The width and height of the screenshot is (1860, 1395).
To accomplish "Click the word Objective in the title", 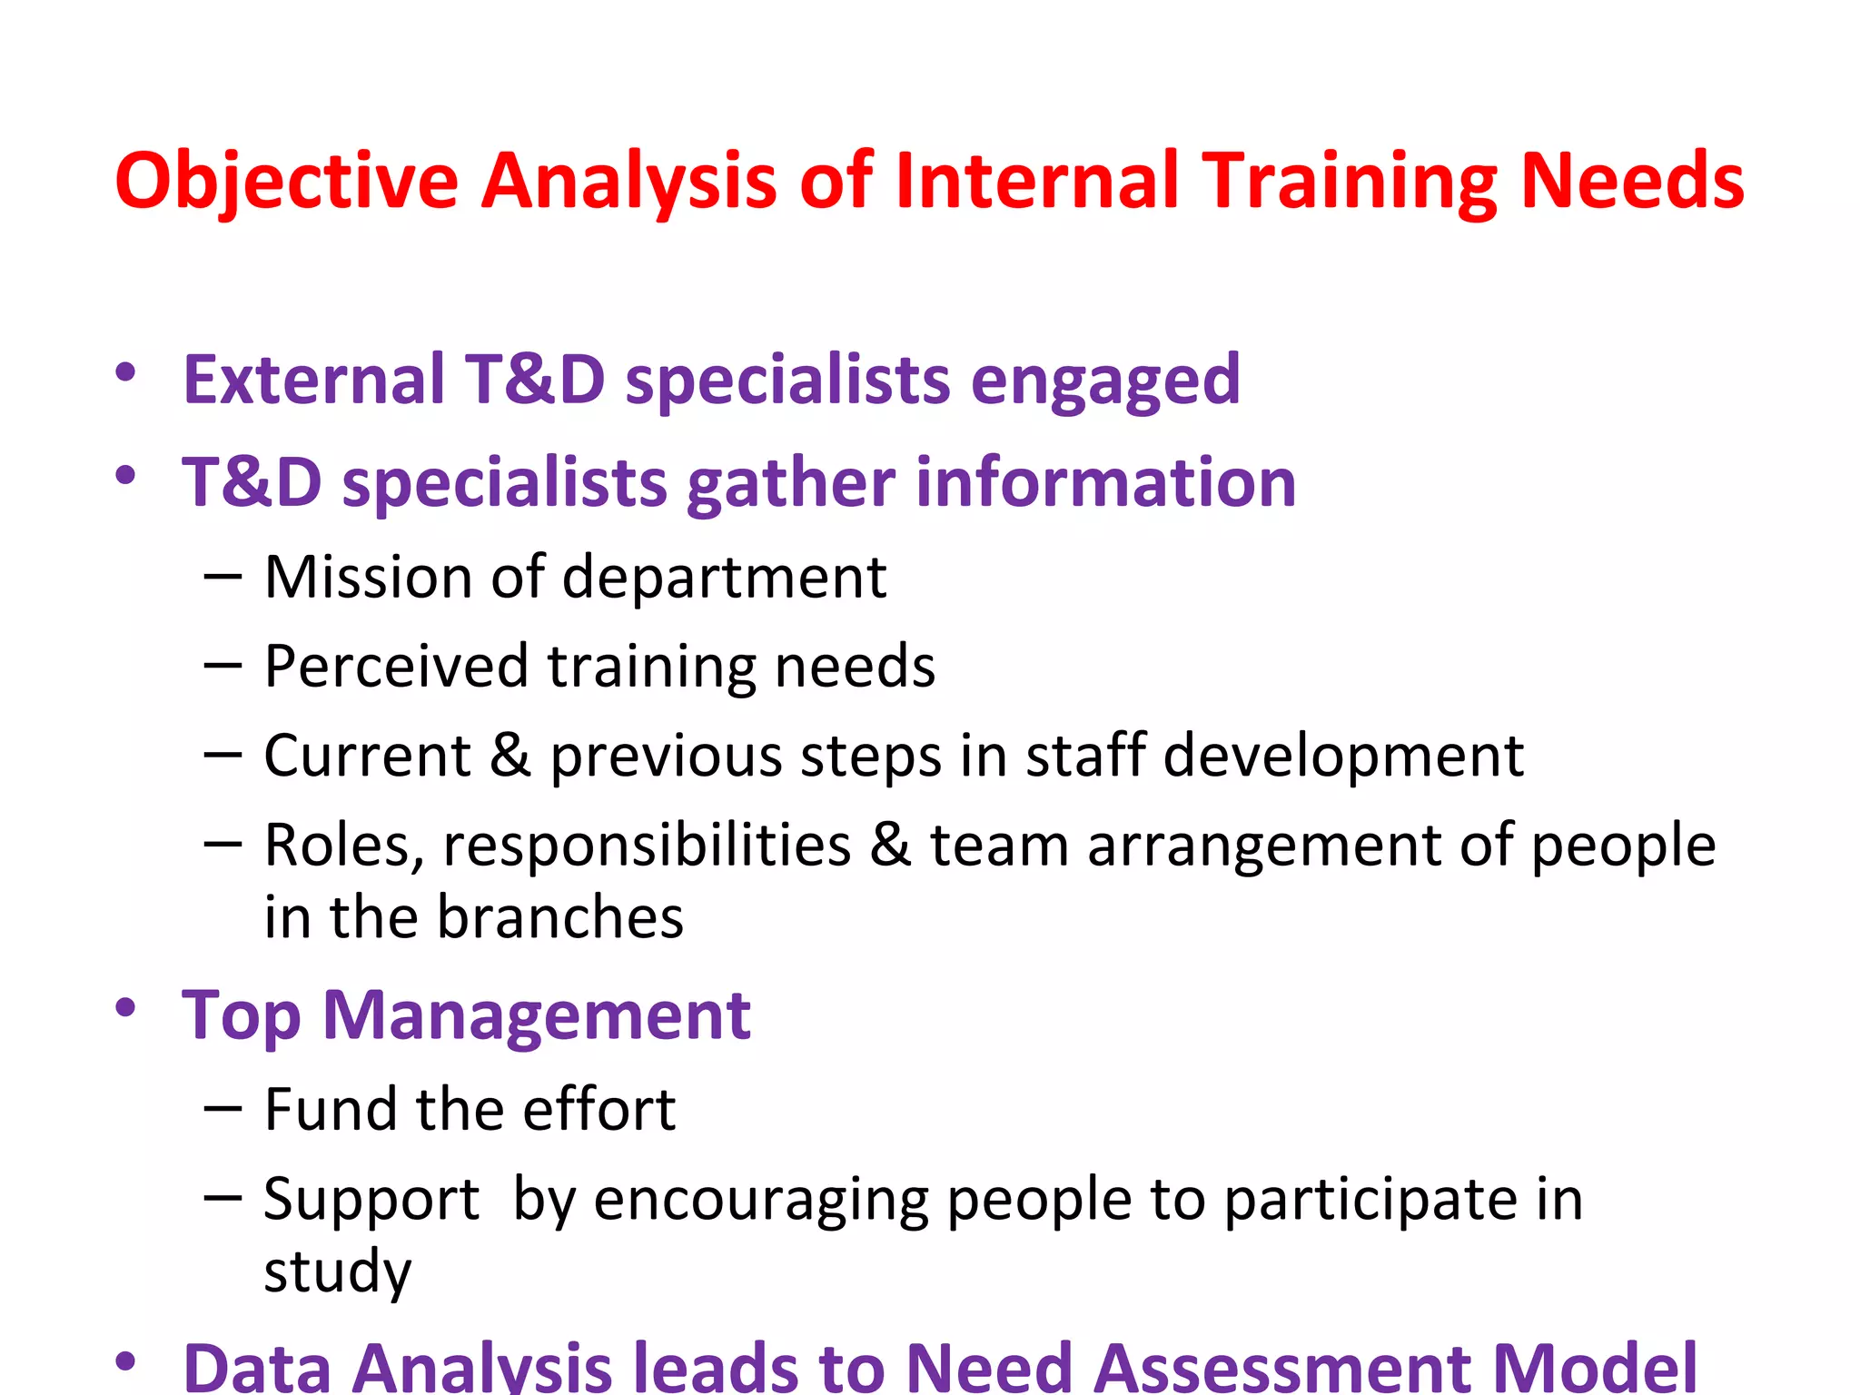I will click(x=286, y=182).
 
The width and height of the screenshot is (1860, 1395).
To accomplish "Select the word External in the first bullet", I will click(x=313, y=380).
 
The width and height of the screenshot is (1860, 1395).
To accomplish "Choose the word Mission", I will click(x=367, y=578).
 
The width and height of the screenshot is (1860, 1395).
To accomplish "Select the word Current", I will click(x=366, y=756).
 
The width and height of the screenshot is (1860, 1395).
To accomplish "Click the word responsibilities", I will click(x=647, y=846).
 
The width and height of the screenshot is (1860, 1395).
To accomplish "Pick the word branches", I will click(x=560, y=917).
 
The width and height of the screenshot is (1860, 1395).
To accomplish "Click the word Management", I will click(x=537, y=1015).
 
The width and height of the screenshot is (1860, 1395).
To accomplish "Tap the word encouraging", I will click(x=761, y=1201).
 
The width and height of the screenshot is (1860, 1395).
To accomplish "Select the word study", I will click(x=338, y=1271).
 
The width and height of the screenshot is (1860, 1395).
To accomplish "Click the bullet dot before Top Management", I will click(x=125, y=1007).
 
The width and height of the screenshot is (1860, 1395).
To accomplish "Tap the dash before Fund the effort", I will click(x=223, y=1108).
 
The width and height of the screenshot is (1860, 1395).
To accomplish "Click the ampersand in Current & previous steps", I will click(x=510, y=756).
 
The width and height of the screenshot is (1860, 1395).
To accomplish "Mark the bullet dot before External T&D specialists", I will click(x=125, y=372).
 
